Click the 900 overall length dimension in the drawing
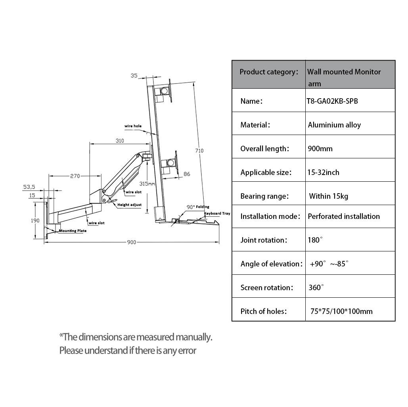[x=131, y=242]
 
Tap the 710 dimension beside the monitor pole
[x=199, y=150]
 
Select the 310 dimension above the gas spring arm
[x=120, y=141]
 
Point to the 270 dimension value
[x=75, y=176]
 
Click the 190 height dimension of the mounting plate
[x=35, y=221]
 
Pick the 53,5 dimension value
[x=29, y=186]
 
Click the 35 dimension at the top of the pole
[x=134, y=75]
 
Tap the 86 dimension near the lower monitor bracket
[x=187, y=174]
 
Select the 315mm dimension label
[x=147, y=183]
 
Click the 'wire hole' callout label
[x=133, y=126]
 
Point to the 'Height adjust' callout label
[x=129, y=205]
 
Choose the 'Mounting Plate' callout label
[x=73, y=230]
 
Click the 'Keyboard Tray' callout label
[x=217, y=213]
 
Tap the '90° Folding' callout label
[x=198, y=207]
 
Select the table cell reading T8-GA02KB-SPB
[x=332, y=101]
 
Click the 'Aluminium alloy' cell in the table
[x=334, y=125]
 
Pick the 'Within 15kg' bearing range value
[x=329, y=196]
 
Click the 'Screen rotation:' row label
[x=267, y=287]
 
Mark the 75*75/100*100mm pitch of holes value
[x=341, y=311]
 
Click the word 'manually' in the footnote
[x=194, y=337]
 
